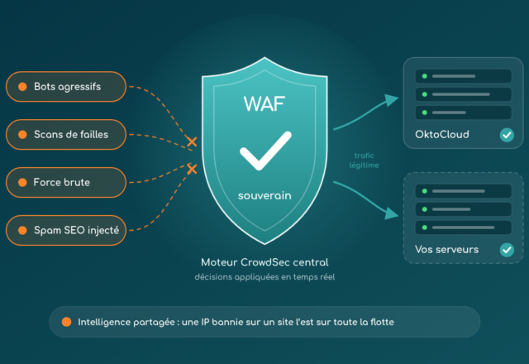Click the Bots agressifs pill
[x=66, y=87]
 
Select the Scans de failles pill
[x=66, y=134]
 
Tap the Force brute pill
[x=66, y=182]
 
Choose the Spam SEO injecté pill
[x=66, y=230]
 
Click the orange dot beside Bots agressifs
[x=22, y=87]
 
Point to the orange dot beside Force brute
[x=22, y=182]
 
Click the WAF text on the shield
[x=264, y=103]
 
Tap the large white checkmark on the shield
[x=265, y=151]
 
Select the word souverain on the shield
[x=264, y=195]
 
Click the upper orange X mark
[x=192, y=141]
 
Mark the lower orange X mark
[x=192, y=169]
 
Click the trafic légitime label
[x=364, y=160]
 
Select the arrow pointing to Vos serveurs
[x=365, y=199]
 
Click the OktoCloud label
[x=442, y=134]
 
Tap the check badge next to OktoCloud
[x=507, y=135]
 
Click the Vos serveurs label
[x=446, y=250]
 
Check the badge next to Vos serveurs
[x=507, y=250]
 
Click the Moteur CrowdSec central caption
[x=264, y=262]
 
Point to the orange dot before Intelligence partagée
[x=66, y=322]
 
